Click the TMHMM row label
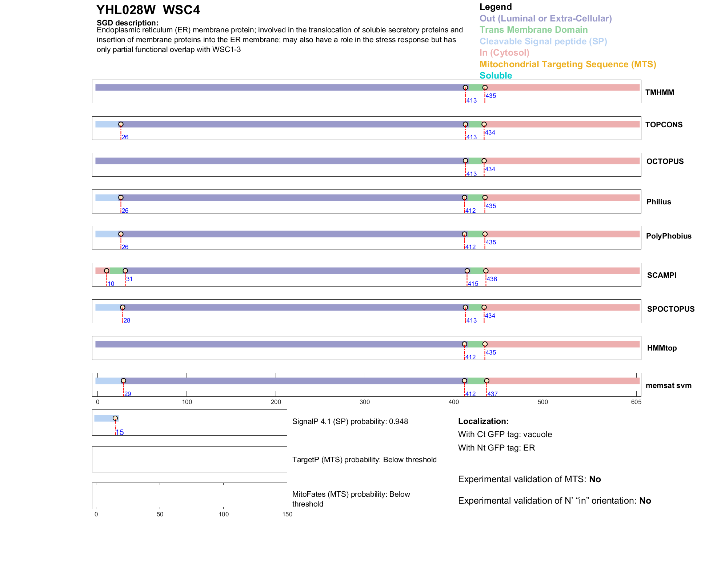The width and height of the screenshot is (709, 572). click(x=660, y=92)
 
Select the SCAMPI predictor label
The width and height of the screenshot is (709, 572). click(x=662, y=275)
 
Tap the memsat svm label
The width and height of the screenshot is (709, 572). click(x=668, y=385)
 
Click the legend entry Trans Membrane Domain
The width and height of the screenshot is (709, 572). click(x=533, y=30)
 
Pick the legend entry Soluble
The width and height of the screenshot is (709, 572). click(x=496, y=76)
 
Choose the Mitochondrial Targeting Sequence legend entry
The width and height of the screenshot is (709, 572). click(x=568, y=64)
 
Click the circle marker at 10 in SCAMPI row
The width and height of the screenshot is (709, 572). click(x=107, y=271)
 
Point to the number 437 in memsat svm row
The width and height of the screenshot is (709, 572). click(x=493, y=394)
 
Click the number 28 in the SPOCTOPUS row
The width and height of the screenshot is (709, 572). click(x=127, y=320)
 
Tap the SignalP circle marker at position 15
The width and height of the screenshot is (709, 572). click(x=115, y=418)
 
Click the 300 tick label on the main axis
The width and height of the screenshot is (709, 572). click(x=365, y=402)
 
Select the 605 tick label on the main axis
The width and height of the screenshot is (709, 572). click(x=636, y=402)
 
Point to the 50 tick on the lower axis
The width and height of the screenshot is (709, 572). click(x=160, y=514)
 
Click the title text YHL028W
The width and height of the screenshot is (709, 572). click(x=126, y=10)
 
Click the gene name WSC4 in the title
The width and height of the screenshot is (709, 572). click(x=181, y=10)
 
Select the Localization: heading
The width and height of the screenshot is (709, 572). click(x=483, y=421)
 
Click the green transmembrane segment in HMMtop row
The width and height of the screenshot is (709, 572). click(x=474, y=344)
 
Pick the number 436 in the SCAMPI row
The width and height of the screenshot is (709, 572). click(x=492, y=279)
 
